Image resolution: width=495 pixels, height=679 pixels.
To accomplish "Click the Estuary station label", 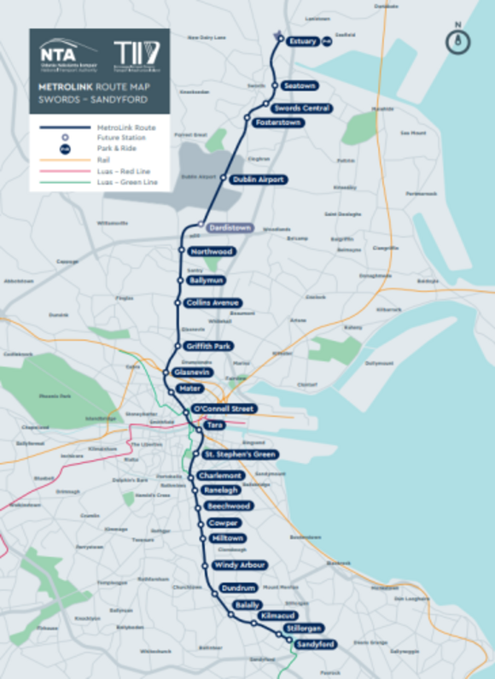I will (303, 41).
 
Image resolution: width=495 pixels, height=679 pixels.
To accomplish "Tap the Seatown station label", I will (300, 86).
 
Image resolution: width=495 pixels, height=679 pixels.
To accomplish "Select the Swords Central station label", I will (301, 108).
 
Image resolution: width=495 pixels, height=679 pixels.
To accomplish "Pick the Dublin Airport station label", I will (259, 179).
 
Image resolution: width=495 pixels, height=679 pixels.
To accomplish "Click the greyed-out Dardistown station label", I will (230, 228).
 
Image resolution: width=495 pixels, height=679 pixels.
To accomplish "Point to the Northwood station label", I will (212, 252).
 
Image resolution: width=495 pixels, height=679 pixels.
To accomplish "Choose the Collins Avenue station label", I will (213, 302).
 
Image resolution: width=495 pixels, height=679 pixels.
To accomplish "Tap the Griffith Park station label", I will (208, 346).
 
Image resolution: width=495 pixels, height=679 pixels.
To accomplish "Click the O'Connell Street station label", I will (224, 409).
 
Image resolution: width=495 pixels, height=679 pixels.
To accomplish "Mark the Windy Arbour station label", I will (240, 565).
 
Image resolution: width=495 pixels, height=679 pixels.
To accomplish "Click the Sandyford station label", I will (315, 644).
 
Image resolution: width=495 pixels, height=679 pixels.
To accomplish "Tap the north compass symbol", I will (458, 39).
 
